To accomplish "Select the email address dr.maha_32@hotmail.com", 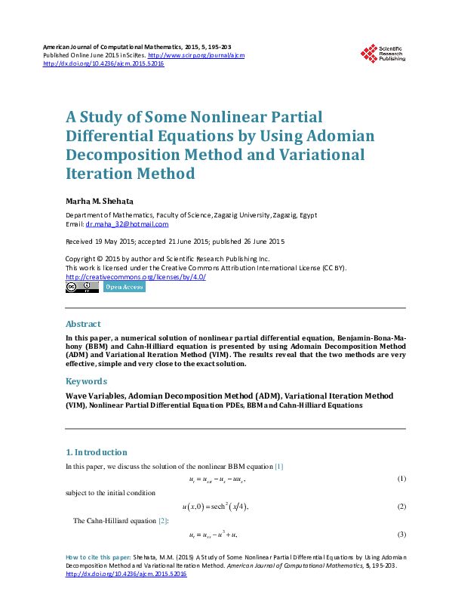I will coord(127,224).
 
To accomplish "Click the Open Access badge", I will coord(125,287).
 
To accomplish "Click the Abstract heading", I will coord(83,324).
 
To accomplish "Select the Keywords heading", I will coord(87,381).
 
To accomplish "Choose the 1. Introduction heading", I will coord(97,452).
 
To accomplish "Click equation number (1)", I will coord(402,479).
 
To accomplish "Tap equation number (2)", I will coord(402,506).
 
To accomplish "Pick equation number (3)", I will coord(402,535).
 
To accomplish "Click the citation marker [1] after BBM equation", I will coord(278,467).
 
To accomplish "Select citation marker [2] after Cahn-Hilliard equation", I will coord(162,521).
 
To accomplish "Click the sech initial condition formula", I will coord(214,506).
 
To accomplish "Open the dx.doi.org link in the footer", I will coord(126,574).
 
